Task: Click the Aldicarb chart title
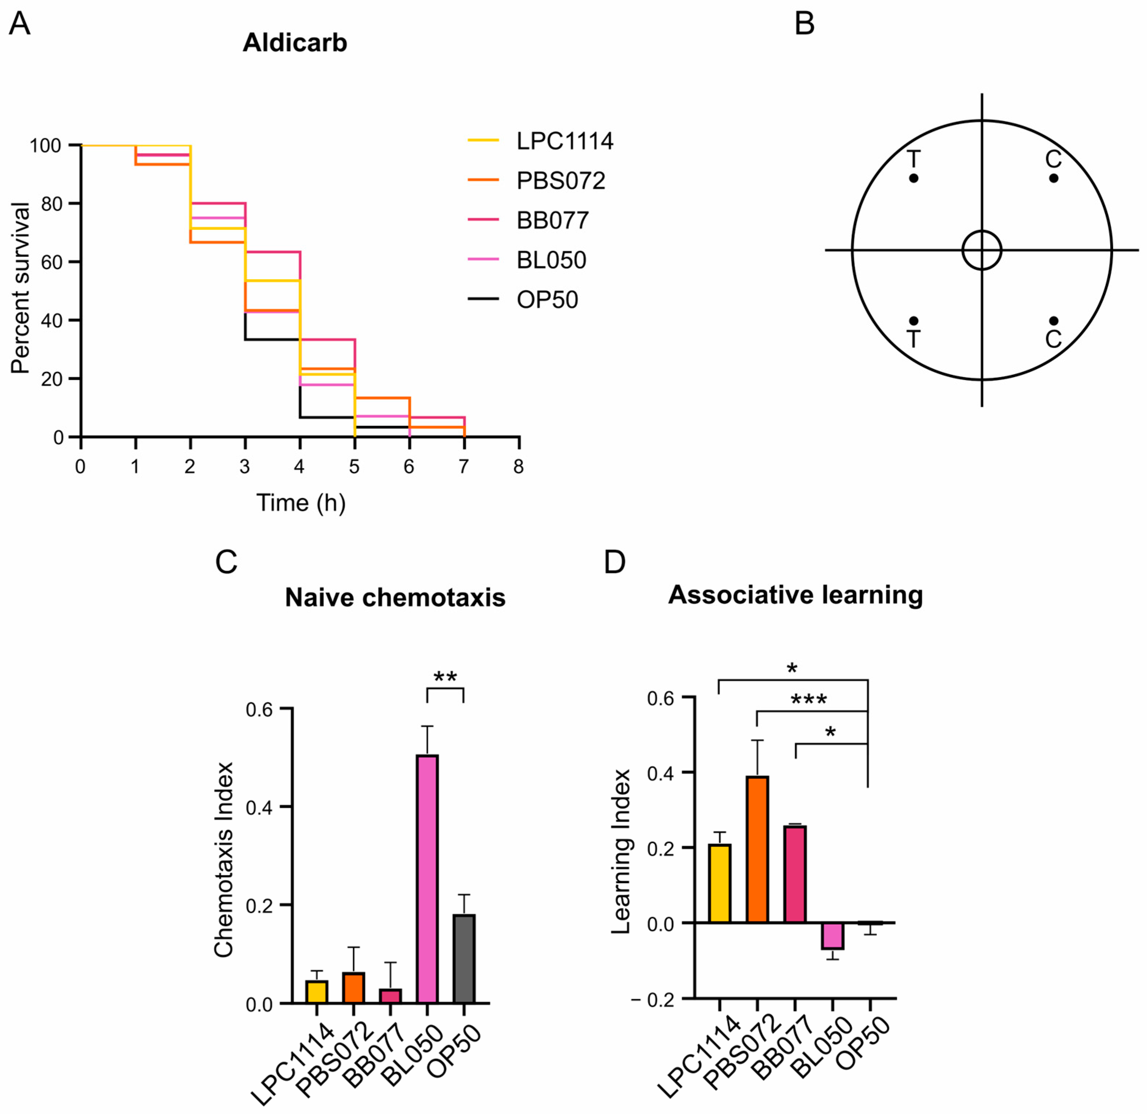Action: pos(295,43)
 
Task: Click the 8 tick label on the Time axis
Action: pos(518,467)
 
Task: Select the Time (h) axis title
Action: pos(301,503)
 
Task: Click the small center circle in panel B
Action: pos(981,250)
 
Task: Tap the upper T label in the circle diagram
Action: pos(913,159)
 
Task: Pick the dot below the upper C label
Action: pos(1054,178)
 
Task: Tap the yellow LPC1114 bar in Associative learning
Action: pos(720,883)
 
